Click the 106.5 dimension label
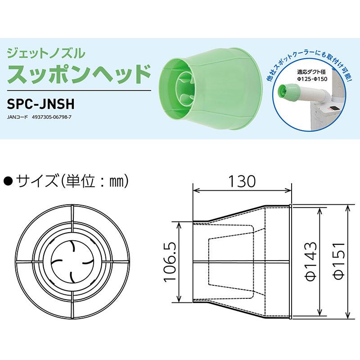tap(171, 261)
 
